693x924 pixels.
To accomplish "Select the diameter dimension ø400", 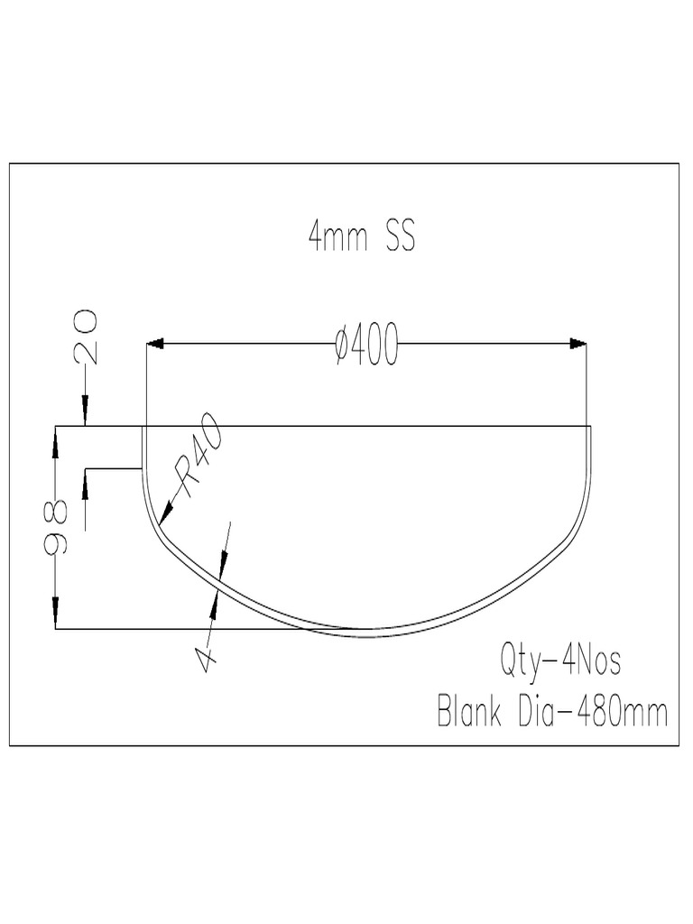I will pyautogui.click(x=365, y=346).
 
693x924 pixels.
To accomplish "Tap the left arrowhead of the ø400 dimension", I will pyautogui.click(x=154, y=343).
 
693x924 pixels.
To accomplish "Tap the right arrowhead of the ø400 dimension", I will pyautogui.click(x=578, y=343).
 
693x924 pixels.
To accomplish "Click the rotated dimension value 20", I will pyautogui.click(x=88, y=335).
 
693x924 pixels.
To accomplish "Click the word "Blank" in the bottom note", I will pyautogui.click(x=472, y=713).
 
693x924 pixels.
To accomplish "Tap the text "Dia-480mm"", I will pyautogui.click(x=593, y=713).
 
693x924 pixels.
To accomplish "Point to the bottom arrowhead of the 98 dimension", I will pyautogui.click(x=56, y=619).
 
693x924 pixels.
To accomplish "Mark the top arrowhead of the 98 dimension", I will pyautogui.click(x=56, y=435).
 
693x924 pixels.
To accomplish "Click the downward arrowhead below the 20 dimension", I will pyautogui.click(x=85, y=416).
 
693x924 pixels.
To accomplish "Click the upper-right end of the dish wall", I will pyautogui.click(x=590, y=427).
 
